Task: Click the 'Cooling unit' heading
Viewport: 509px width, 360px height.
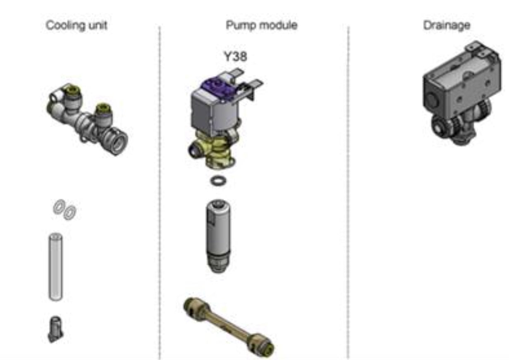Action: [76, 26]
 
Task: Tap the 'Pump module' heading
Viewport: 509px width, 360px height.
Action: [262, 26]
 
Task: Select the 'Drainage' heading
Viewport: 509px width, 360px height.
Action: [447, 26]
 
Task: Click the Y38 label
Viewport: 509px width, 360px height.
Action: [235, 57]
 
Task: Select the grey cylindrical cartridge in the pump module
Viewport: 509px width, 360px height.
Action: [218, 236]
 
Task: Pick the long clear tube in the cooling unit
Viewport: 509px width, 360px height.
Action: [56, 267]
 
